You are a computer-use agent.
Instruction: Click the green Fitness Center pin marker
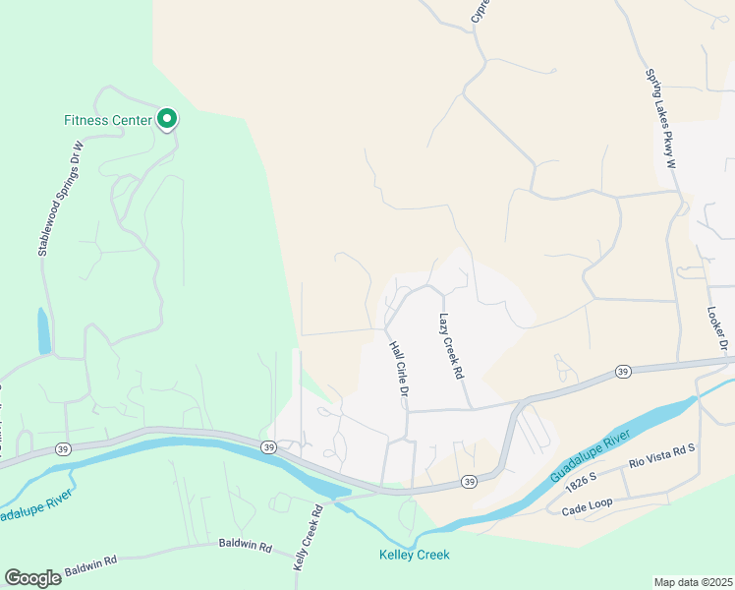coord(167,120)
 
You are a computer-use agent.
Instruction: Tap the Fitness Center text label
coord(108,121)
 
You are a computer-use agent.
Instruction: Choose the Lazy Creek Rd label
coord(450,347)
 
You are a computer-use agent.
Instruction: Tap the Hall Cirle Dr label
coord(398,370)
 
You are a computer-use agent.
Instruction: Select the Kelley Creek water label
coord(415,556)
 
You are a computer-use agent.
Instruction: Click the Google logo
coord(33,578)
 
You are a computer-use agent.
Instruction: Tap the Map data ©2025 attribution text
coord(693,582)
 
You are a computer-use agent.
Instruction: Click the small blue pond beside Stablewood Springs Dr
coord(43,331)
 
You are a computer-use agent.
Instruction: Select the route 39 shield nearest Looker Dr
coord(623,371)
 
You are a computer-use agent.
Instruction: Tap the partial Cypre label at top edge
coord(480,11)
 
